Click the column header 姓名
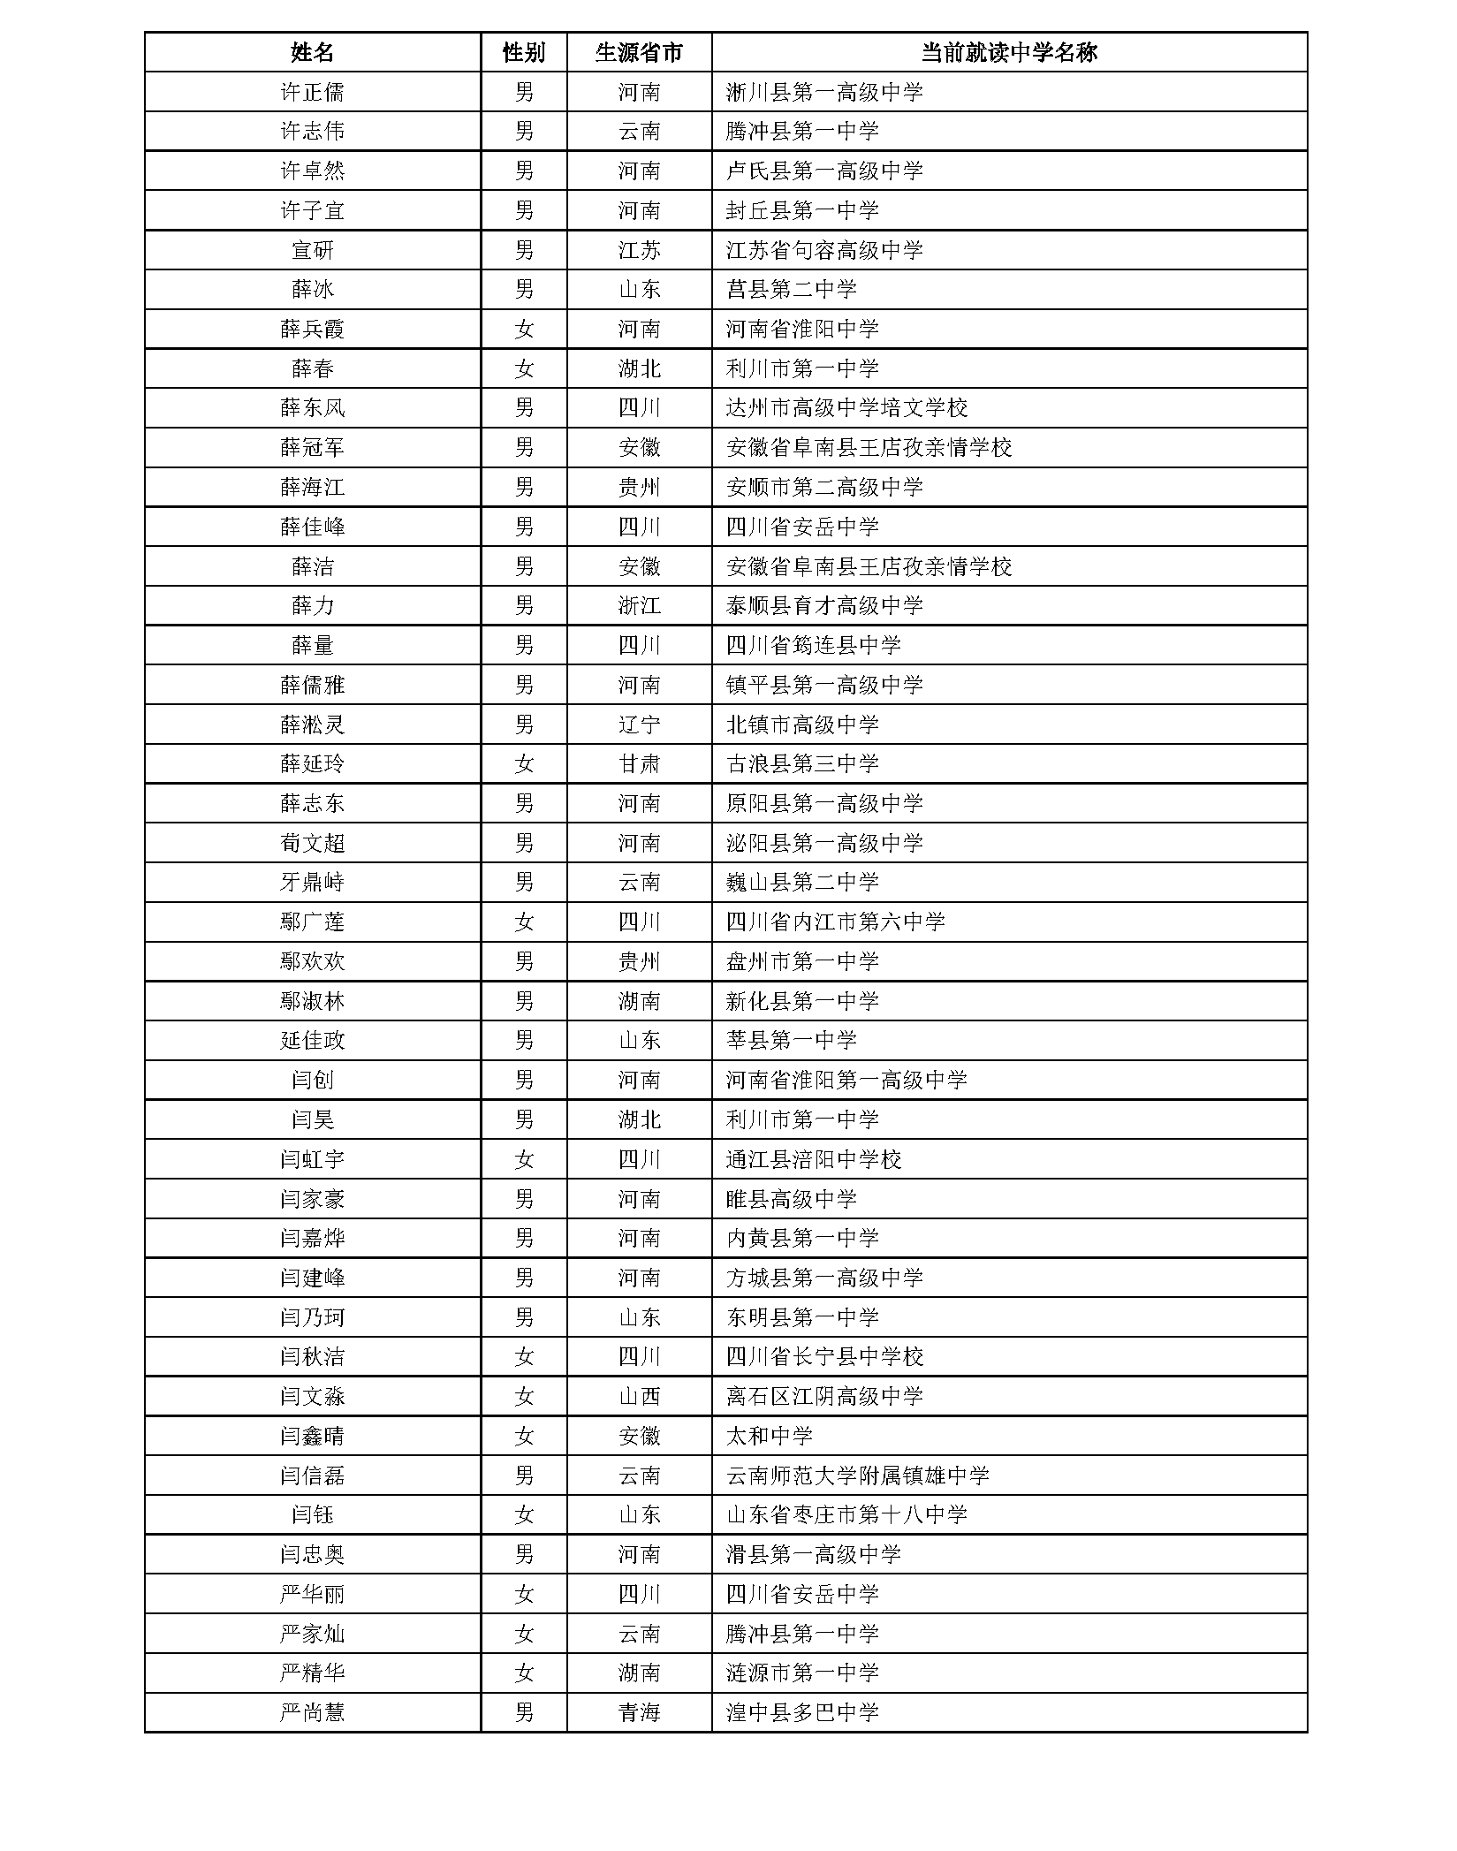[312, 52]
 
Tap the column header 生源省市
[639, 52]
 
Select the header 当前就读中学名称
[1009, 52]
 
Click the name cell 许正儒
[312, 92]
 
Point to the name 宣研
[312, 250]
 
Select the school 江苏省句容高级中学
[824, 250]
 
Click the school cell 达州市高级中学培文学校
[846, 408]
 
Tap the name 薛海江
[312, 487]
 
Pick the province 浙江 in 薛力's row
[639, 605]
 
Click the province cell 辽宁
[639, 724]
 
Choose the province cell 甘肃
[639, 763]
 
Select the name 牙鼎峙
[312, 882]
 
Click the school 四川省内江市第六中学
[835, 922]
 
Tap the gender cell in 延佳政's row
[524, 1040]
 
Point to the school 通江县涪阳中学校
[813, 1159]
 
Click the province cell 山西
[639, 1396]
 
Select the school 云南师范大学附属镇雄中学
[857, 1475]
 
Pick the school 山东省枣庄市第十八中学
[846, 1515]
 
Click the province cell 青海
[639, 1713]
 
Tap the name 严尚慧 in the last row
[312, 1713]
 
